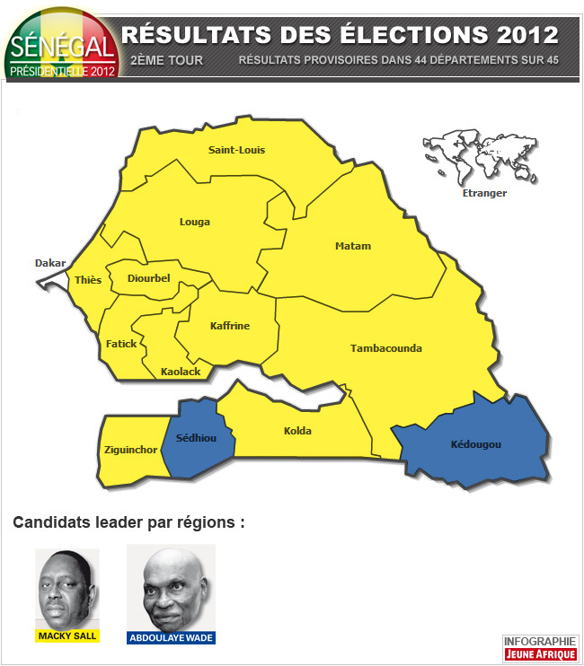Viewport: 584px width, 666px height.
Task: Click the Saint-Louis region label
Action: click(x=236, y=150)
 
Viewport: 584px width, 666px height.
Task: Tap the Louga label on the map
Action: click(x=194, y=222)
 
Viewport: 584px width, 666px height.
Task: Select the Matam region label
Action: click(x=352, y=246)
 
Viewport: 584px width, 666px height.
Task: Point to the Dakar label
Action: click(x=50, y=263)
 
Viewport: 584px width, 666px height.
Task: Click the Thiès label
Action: click(x=88, y=280)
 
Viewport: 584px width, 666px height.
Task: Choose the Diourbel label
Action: click(x=148, y=278)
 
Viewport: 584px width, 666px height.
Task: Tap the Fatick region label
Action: click(x=121, y=344)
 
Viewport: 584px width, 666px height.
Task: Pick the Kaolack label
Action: click(x=181, y=371)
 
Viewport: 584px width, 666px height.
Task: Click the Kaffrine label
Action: click(x=229, y=326)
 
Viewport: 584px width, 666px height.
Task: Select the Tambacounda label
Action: click(x=385, y=348)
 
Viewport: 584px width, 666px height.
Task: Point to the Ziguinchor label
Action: click(x=131, y=449)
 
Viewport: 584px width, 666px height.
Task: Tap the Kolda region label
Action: click(x=297, y=431)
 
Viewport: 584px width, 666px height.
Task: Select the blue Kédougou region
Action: click(x=475, y=445)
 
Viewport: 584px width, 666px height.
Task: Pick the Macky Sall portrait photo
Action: click(x=67, y=588)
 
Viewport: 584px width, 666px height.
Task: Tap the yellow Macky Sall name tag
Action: click(x=67, y=636)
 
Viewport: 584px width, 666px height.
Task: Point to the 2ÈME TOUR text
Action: click(x=166, y=61)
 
